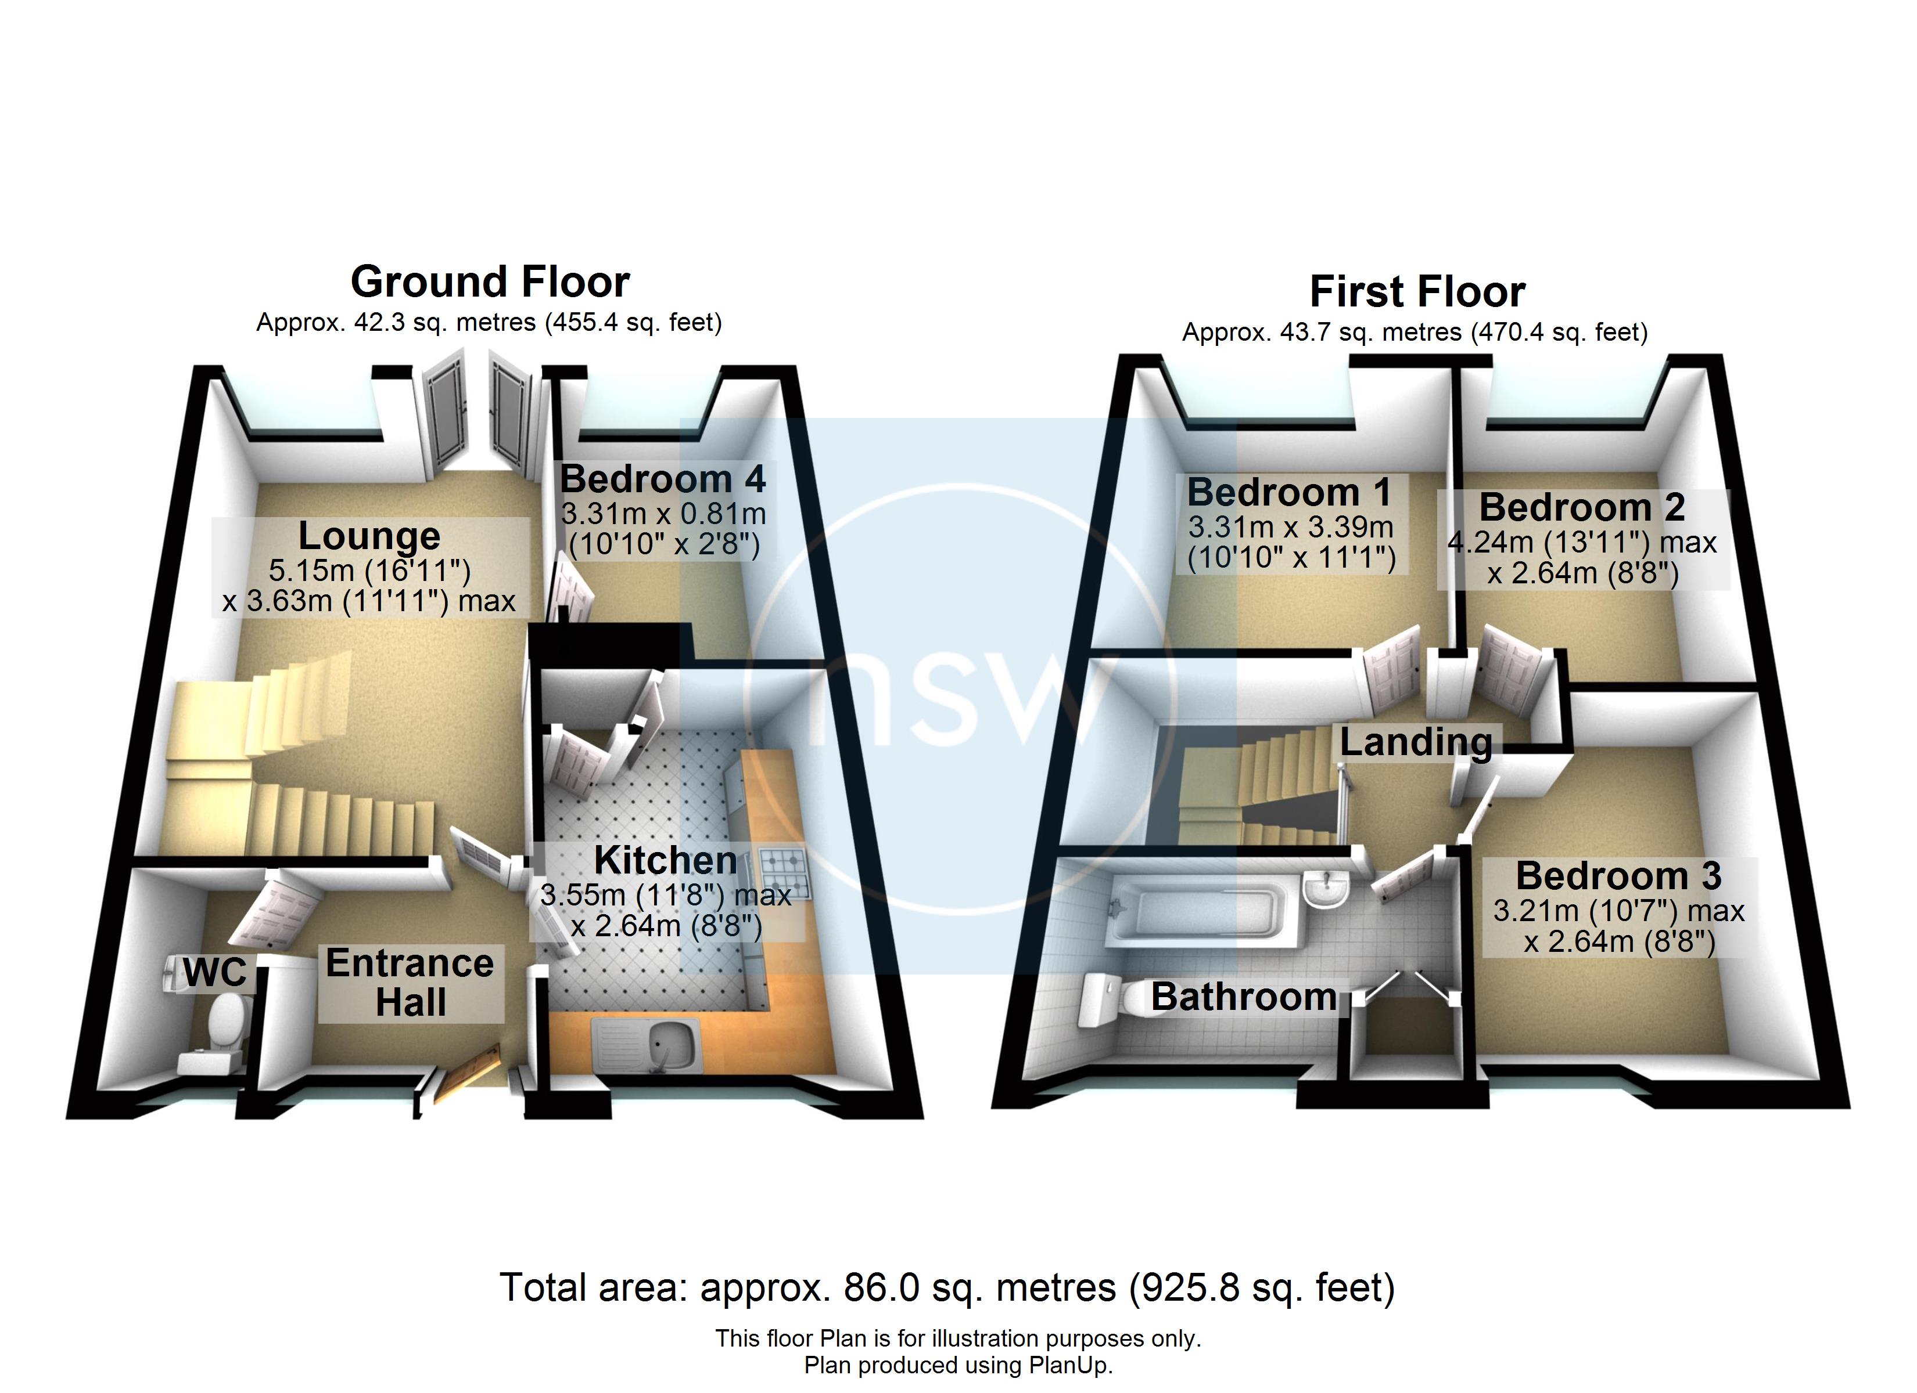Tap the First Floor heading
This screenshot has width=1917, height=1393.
pyautogui.click(x=1417, y=293)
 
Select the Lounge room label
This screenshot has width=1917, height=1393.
pyautogui.click(x=369, y=536)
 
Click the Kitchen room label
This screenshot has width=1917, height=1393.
pyautogui.click(x=665, y=861)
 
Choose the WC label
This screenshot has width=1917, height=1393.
pyautogui.click(x=215, y=972)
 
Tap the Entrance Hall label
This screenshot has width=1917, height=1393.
pyautogui.click(x=410, y=983)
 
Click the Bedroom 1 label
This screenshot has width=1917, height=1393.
pyautogui.click(x=1289, y=493)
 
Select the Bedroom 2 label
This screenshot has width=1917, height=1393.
pyautogui.click(x=1581, y=508)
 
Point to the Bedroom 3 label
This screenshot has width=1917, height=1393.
pyautogui.click(x=1618, y=876)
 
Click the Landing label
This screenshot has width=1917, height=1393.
pyautogui.click(x=1416, y=742)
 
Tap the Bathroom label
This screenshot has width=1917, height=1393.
pyautogui.click(x=1243, y=998)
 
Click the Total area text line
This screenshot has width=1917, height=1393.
pyautogui.click(x=947, y=1287)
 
